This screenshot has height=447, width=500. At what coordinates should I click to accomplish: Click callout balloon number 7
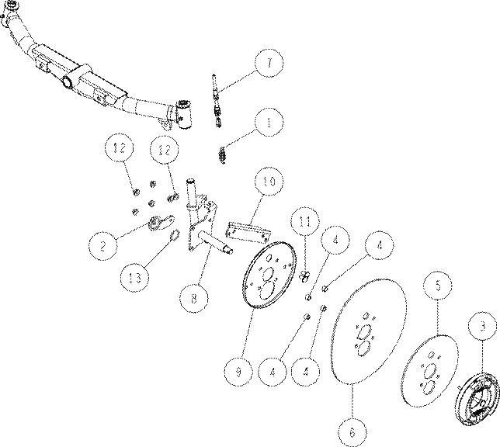tap(269, 63)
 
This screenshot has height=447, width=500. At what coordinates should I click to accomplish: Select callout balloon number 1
tap(269, 123)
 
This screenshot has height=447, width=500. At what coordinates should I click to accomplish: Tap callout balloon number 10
tap(269, 182)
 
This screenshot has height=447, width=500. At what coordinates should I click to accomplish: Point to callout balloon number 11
tap(305, 221)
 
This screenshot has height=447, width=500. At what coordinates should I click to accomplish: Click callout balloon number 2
tap(102, 246)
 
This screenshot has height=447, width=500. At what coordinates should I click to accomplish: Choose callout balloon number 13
tap(134, 278)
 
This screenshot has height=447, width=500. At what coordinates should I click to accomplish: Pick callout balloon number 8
tap(193, 299)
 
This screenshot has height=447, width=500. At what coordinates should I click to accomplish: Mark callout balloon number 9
tap(238, 372)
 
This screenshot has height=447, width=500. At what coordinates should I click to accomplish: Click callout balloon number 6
tap(352, 432)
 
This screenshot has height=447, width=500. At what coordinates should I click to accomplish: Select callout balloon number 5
tap(438, 285)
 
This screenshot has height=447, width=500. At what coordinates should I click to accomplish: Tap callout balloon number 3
tap(482, 326)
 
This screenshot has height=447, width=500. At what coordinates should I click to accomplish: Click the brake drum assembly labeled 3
tap(477, 390)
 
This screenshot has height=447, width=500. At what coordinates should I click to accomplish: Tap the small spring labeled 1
tap(223, 155)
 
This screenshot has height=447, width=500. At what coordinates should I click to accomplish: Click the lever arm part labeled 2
tap(161, 222)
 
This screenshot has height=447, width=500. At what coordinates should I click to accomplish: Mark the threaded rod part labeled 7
tap(216, 100)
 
